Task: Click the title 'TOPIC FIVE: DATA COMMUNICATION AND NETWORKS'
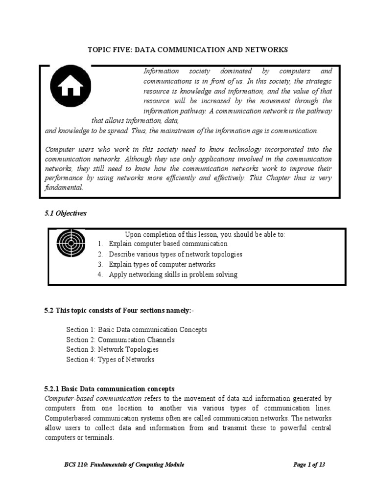(188, 50)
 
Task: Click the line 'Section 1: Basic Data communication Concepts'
(137, 330)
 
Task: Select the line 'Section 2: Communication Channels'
(120, 340)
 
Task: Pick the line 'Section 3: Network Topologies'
(113, 349)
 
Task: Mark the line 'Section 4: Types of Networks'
(110, 360)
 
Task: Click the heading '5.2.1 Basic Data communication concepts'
(110, 389)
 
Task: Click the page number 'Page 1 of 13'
(309, 465)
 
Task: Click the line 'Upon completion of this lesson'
(205, 234)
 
